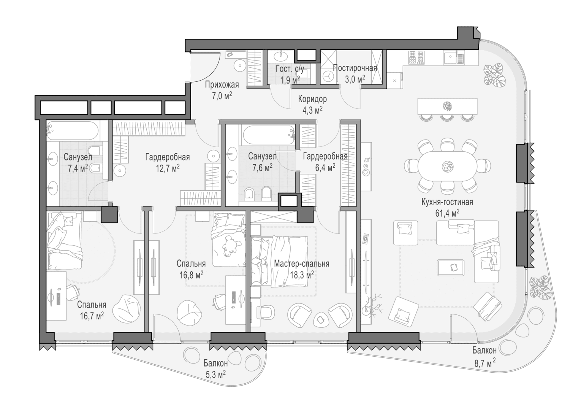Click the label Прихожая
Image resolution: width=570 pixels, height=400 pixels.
click(x=222, y=84)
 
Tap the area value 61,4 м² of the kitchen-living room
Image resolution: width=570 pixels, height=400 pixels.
click(x=447, y=213)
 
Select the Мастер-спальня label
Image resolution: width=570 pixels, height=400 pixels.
click(x=302, y=263)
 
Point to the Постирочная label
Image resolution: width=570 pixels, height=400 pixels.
click(x=355, y=68)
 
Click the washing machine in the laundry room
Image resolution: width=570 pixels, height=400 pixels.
click(x=328, y=76)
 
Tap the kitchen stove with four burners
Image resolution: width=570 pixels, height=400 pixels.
click(x=416, y=57)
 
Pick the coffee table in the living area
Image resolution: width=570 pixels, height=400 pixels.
click(x=450, y=268)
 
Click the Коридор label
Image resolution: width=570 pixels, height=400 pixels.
click(x=312, y=99)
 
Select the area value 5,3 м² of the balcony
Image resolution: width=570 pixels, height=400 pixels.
click(x=215, y=375)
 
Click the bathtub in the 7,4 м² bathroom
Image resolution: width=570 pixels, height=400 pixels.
click(x=73, y=131)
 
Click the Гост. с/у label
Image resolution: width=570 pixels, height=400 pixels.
click(x=290, y=69)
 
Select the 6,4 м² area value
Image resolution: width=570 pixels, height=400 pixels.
click(x=325, y=168)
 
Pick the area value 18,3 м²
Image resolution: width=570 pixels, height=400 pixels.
click(x=302, y=275)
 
